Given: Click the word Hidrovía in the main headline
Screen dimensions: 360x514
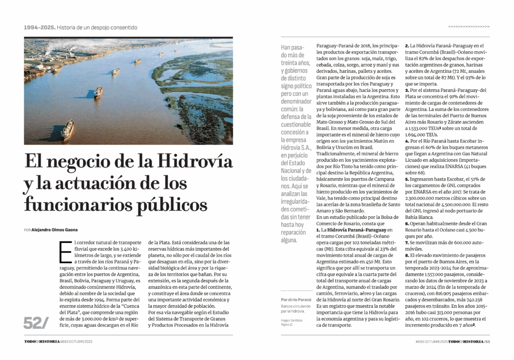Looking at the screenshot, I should pos(195,162).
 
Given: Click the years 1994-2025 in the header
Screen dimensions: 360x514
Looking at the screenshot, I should pos(39,27).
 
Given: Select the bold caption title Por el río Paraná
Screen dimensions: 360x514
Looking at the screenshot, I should pos(296,300).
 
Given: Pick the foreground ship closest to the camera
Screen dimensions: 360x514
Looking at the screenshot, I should pos(67,130).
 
